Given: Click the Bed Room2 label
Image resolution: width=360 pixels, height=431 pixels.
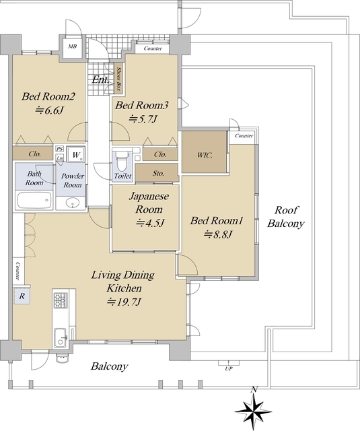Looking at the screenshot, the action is click(48, 96).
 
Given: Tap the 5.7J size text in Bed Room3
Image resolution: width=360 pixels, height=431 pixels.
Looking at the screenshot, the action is click(143, 119).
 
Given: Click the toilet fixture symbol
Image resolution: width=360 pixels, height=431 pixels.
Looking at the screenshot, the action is click(122, 162).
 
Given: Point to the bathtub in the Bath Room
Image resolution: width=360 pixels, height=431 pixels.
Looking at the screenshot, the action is click(34, 200).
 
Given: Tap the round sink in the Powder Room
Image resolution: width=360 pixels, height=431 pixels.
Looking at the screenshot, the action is click(73, 203).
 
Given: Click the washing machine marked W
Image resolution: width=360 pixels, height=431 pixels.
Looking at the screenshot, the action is click(76, 155).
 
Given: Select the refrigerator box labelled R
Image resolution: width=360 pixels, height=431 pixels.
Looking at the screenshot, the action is click(22, 296).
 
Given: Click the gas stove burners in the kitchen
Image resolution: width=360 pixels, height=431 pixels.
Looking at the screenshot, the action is click(61, 300).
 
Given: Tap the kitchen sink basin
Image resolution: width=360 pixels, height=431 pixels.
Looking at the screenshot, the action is click(60, 337).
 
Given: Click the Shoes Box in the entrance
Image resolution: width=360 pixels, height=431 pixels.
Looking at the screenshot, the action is click(118, 79).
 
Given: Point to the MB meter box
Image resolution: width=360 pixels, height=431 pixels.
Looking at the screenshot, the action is click(72, 46).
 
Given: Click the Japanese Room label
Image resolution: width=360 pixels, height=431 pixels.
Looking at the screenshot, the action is click(149, 203).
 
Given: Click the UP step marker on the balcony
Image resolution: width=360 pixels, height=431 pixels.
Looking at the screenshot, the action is click(229, 366).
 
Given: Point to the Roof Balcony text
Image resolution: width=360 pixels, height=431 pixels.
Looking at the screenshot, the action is click(286, 217).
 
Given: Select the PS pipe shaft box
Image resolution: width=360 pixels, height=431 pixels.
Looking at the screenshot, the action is click(59, 150).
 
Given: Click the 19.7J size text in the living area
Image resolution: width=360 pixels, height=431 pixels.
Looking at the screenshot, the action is click(124, 302).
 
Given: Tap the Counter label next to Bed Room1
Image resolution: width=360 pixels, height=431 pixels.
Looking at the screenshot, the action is click(244, 136).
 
